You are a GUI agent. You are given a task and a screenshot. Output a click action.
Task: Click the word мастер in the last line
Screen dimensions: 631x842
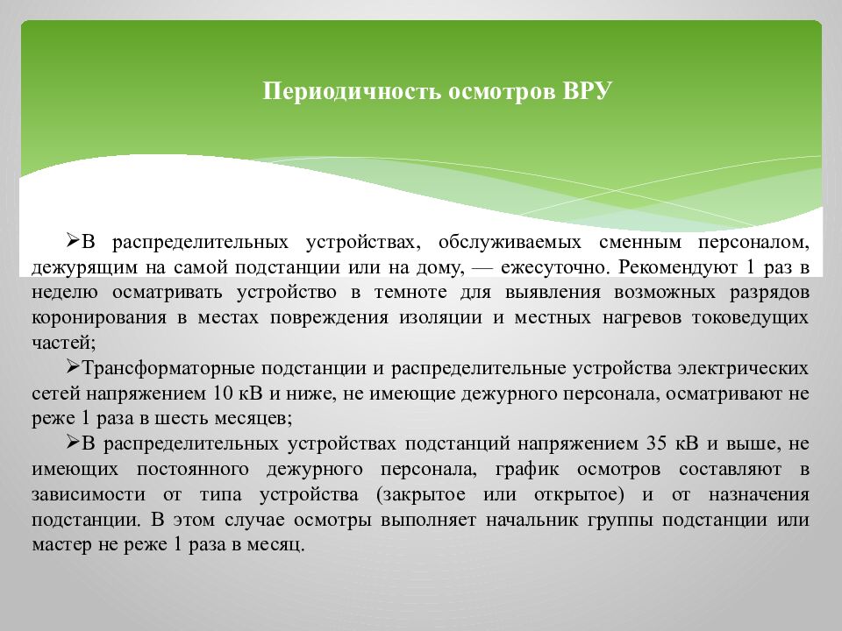[58, 543]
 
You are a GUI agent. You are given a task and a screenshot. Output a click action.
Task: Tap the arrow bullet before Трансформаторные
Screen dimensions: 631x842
[73, 368]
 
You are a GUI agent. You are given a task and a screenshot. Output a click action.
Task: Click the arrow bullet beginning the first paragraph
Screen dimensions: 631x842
[73, 240]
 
